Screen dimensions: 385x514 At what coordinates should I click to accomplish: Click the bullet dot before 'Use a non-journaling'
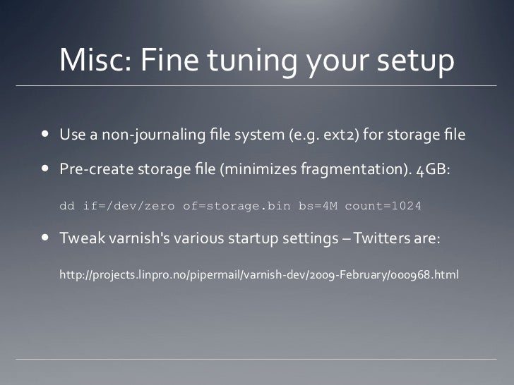(x=44, y=133)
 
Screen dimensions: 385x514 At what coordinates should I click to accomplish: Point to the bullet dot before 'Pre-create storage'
(x=44, y=169)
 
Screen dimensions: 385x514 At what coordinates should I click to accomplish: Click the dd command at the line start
(x=67, y=207)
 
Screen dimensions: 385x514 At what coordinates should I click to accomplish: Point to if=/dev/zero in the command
(x=129, y=207)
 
